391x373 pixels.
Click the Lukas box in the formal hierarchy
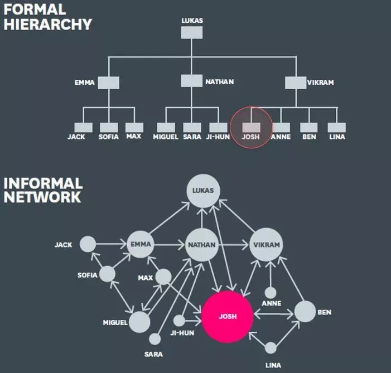191,33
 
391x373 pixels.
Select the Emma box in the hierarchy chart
108,83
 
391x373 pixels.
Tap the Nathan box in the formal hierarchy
191,81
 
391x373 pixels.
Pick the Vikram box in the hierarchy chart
295,83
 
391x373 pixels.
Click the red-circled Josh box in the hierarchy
251,127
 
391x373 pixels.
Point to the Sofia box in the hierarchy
108,127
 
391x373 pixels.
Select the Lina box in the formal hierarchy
336,127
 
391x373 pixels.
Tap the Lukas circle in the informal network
203,191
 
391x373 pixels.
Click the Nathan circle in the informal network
201,245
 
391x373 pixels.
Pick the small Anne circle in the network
271,292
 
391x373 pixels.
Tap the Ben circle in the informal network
305,311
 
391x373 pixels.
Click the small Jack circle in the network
88,244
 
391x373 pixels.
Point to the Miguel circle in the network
139,322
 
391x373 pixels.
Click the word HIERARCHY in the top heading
48,24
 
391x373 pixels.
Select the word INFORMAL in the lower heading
43,183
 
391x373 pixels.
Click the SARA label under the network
153,354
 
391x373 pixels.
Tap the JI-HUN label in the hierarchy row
218,137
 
